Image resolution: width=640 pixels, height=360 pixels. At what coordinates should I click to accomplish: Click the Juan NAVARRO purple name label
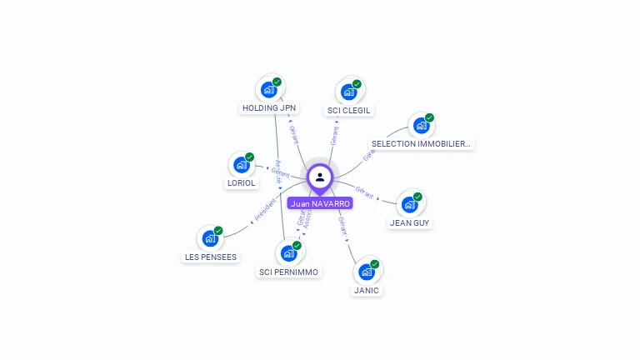(x=320, y=202)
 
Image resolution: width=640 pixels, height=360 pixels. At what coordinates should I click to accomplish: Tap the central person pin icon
(x=320, y=177)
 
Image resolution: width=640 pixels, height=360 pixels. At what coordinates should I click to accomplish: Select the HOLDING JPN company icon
(x=268, y=89)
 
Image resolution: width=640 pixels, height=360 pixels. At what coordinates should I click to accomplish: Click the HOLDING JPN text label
(x=269, y=108)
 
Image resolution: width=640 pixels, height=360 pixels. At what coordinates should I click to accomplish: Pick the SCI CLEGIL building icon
(x=348, y=92)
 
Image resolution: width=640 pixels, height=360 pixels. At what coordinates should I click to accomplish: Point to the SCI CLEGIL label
(x=349, y=111)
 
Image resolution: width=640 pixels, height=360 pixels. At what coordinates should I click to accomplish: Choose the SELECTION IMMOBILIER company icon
(x=421, y=126)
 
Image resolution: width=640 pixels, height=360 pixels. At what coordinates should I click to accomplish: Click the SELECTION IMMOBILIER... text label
(x=421, y=144)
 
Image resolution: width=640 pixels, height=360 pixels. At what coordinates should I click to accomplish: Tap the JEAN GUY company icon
(x=409, y=204)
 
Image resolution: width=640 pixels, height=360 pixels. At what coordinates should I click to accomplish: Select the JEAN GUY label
(x=410, y=223)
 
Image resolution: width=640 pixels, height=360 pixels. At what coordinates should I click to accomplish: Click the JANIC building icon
(x=366, y=272)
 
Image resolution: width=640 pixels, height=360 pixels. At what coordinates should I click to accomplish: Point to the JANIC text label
(x=367, y=291)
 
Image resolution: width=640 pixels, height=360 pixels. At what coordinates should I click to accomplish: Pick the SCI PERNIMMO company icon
(x=288, y=253)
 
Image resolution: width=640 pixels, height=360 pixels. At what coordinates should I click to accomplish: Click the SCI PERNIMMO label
(x=288, y=272)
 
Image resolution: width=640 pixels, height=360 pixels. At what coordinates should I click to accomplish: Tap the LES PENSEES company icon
(x=210, y=238)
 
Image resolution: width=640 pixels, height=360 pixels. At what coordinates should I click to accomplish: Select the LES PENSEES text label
(x=211, y=257)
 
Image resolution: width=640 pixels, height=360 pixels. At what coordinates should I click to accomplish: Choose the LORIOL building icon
(x=242, y=165)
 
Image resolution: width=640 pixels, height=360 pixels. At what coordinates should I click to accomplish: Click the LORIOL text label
(x=242, y=183)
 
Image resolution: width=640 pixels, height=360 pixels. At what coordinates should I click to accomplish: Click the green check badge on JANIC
(x=375, y=264)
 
